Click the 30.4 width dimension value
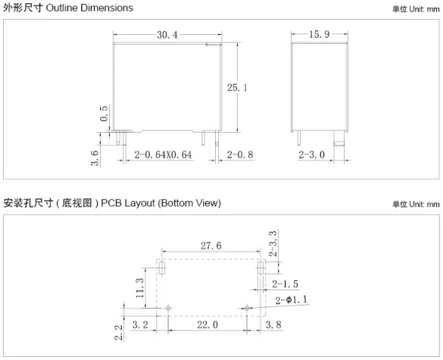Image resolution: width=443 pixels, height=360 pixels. tap(167, 35)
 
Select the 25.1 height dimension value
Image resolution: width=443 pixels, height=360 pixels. tap(237, 88)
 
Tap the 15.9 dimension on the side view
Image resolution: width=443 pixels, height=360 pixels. tap(319, 34)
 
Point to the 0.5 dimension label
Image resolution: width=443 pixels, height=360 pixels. tap(104, 114)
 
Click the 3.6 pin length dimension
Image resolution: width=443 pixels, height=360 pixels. tap(95, 158)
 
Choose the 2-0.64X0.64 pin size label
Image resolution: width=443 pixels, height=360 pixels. tap(163, 155)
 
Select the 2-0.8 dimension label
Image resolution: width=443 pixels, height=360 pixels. tap(240, 155)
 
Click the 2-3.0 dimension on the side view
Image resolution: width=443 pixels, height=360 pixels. tap(312, 155)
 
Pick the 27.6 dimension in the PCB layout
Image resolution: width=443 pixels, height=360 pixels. tap(211, 246)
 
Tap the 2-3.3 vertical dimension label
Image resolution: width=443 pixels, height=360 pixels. tap(273, 243)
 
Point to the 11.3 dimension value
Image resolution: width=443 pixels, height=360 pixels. tap(140, 288)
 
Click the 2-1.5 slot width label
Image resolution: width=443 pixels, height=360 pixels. tap(285, 284)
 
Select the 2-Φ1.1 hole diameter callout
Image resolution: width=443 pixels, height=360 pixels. tap(292, 300)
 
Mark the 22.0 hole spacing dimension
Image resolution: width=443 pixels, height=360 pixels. tap(207, 324)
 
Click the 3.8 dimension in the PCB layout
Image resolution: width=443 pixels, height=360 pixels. tap(273, 324)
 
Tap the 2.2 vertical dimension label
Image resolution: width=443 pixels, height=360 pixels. tap(119, 332)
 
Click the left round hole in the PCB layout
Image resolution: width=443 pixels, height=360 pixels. tap(168, 308)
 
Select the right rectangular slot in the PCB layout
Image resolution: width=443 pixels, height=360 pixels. tap(260, 268)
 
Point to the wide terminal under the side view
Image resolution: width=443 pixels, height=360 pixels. tap(339, 138)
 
